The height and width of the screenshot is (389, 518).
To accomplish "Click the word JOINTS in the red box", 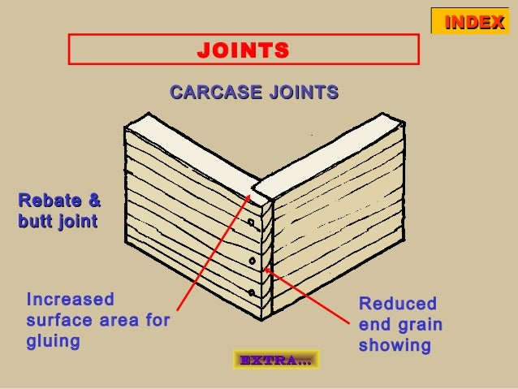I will pos(243,50).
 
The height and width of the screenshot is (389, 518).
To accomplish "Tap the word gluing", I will pos(54,341).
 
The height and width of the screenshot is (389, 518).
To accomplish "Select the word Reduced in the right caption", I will pos(398,305).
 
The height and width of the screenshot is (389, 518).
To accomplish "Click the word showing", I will pos(395,346).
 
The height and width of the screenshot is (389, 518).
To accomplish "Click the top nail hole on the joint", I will pos(252,222).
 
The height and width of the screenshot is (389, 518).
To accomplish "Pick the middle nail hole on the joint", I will pos(252,261).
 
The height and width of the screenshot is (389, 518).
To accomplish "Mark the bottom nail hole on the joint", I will pos(252,292).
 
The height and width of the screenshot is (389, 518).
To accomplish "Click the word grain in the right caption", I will pos(420,325).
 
